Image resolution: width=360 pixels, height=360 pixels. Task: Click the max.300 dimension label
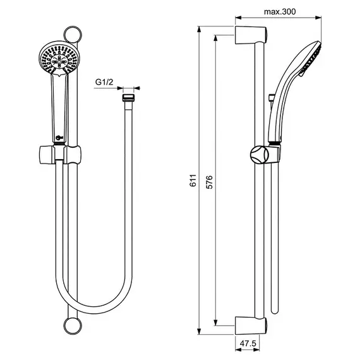280,11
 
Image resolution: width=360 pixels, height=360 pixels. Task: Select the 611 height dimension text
193,180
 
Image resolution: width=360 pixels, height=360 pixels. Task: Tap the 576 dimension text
210,182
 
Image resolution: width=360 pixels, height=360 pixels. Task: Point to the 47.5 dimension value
248,344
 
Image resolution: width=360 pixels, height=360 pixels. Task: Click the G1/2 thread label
104,82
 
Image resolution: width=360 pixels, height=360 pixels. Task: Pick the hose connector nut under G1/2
128,97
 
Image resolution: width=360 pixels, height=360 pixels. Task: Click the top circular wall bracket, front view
73,35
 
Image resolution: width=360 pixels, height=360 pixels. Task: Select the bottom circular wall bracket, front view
73,325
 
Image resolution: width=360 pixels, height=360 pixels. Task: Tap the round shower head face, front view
59,58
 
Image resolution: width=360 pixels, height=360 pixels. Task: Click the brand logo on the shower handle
59,138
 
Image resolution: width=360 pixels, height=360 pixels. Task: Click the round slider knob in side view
260,155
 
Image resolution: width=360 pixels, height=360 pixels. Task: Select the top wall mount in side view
251,35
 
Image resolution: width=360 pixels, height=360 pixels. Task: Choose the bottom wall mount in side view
251,326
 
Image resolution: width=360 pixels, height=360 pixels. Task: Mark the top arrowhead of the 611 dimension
200,29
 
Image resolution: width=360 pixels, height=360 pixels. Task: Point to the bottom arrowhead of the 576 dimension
215,322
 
